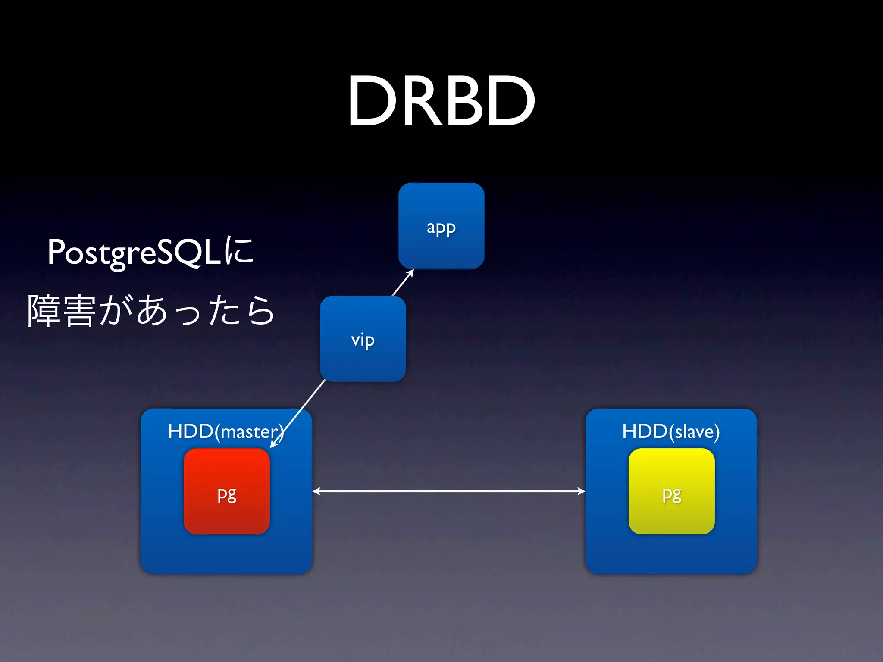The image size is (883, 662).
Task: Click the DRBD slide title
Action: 441,101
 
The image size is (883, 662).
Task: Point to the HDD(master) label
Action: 225,431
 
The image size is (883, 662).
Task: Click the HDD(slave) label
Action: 671,431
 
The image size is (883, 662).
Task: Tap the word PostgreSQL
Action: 134,253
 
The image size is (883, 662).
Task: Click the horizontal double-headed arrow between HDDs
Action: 448,491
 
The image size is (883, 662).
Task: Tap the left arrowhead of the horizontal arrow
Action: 316,491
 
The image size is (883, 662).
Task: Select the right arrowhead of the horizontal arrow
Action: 581,491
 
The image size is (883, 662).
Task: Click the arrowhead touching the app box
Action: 411,272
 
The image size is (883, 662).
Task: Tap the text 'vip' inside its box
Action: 363,340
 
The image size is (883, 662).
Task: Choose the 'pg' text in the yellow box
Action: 672,494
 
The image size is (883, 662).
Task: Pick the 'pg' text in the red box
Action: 227,494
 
